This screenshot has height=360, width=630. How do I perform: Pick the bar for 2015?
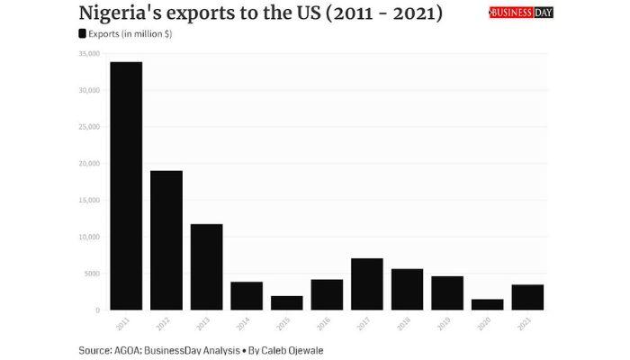click(286, 302)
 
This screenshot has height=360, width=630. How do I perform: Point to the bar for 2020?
click(487, 304)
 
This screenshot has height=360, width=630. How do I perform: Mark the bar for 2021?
click(527, 297)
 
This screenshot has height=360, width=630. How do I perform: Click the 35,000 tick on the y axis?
click(87, 54)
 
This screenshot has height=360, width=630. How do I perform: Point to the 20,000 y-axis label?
click(87, 164)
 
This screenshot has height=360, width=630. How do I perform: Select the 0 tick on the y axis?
click(96, 310)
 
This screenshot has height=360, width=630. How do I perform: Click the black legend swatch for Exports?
click(83, 33)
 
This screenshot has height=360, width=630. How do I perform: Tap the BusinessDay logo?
click(521, 13)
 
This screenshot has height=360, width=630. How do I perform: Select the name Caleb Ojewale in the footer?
click(292, 349)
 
